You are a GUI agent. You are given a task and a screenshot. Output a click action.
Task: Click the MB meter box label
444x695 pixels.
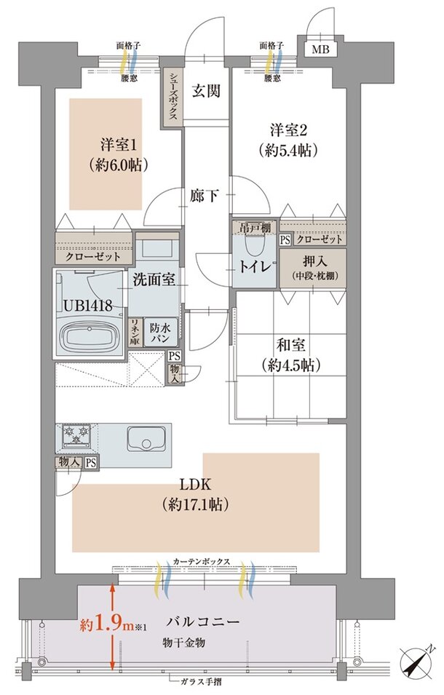coord(320,49)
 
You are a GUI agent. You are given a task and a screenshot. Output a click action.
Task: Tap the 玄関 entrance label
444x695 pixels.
coord(206,91)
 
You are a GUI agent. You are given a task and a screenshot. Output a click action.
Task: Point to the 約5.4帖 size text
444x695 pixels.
coord(288,151)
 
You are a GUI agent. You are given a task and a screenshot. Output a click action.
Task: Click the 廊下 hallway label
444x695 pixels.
coord(205,196)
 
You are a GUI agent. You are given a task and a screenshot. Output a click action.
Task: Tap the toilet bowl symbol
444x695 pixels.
coord(254,245)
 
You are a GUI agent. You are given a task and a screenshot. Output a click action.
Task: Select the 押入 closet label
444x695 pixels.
coord(315,261)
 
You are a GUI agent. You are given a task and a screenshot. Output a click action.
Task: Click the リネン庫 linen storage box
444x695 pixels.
coord(135,333)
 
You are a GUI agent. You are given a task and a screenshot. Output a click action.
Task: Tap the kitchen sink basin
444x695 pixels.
coord(146,439)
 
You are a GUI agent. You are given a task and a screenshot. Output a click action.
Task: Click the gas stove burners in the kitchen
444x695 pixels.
coord(76,434)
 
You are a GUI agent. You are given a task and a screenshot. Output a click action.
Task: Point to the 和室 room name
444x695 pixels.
coord(290,344)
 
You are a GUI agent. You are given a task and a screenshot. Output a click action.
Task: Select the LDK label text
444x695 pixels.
coord(195,484)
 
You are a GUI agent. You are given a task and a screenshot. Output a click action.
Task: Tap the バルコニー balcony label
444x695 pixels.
coord(202,621)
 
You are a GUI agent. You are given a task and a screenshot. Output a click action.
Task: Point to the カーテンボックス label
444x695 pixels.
coord(202,560)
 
